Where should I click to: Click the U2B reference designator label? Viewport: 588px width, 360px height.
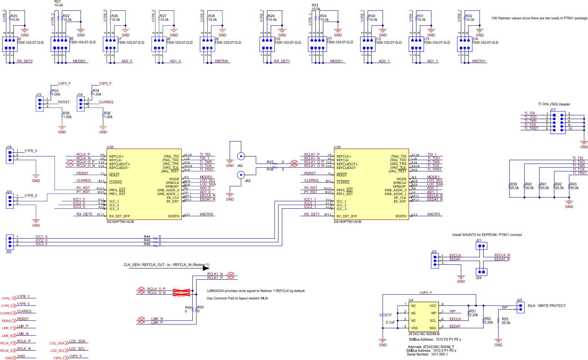point(110,147)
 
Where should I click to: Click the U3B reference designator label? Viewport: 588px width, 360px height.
point(337,147)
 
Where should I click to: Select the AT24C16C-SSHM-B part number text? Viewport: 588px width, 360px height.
point(424,334)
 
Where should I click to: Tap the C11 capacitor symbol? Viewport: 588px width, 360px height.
point(383,315)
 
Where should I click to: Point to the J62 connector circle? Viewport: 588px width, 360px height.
point(241,156)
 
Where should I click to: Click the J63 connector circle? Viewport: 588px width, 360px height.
point(241,175)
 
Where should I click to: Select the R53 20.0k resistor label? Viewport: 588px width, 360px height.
point(506,321)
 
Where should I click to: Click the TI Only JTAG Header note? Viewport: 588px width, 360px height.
point(554,104)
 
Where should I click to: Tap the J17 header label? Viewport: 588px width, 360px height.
point(553,110)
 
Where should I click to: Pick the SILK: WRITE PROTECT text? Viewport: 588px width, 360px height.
point(546,306)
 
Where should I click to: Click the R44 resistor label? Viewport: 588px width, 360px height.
point(147,237)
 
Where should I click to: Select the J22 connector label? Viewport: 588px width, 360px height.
point(9,252)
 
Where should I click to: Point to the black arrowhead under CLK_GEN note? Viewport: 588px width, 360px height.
point(206,268)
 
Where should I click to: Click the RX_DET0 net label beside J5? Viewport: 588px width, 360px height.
point(25,61)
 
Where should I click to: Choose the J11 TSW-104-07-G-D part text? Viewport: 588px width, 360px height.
point(340,42)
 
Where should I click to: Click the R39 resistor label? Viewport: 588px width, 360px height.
point(513,184)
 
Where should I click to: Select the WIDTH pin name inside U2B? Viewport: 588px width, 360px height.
point(173,216)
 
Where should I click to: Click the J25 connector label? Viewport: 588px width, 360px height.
point(519,300)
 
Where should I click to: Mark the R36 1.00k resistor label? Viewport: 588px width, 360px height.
point(107,115)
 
